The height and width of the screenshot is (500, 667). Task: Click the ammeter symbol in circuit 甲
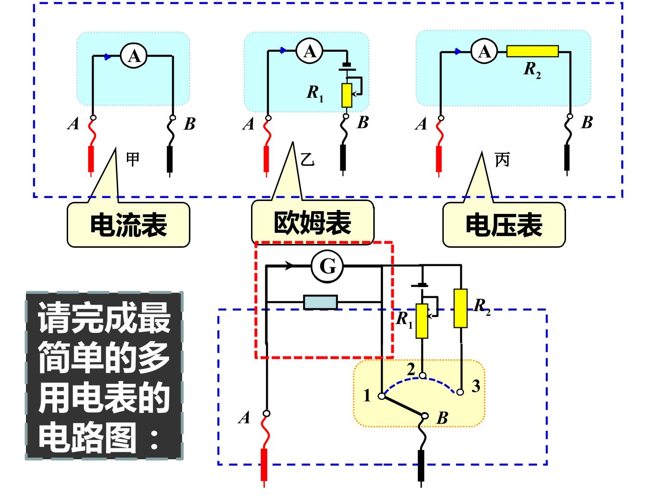tap(134, 56)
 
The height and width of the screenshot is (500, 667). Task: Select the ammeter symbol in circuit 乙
tap(309, 51)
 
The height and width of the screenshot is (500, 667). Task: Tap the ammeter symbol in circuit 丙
tap(484, 51)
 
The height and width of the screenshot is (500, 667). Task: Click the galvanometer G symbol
tap(327, 266)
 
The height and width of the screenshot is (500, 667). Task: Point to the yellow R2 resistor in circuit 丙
tap(532, 51)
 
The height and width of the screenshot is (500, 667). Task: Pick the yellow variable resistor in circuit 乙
tap(347, 95)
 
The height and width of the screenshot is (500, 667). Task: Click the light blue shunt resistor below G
tap(321, 302)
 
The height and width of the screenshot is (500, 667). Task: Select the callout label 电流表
tap(129, 225)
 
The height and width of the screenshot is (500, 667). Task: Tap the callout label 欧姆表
tap(312, 223)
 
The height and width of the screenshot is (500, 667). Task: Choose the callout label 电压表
tap(504, 225)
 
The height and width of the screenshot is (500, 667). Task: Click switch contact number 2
tap(422, 376)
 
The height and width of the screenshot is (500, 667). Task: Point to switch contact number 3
tap(460, 392)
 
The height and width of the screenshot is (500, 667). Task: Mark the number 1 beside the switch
tap(367, 395)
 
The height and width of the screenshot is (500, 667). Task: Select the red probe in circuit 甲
tap(90, 160)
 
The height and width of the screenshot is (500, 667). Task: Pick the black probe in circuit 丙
tap(567, 158)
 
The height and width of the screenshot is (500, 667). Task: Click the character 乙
tap(307, 159)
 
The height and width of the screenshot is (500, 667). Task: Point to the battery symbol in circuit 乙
tap(347, 67)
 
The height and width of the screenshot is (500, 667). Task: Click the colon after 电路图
tap(154, 439)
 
